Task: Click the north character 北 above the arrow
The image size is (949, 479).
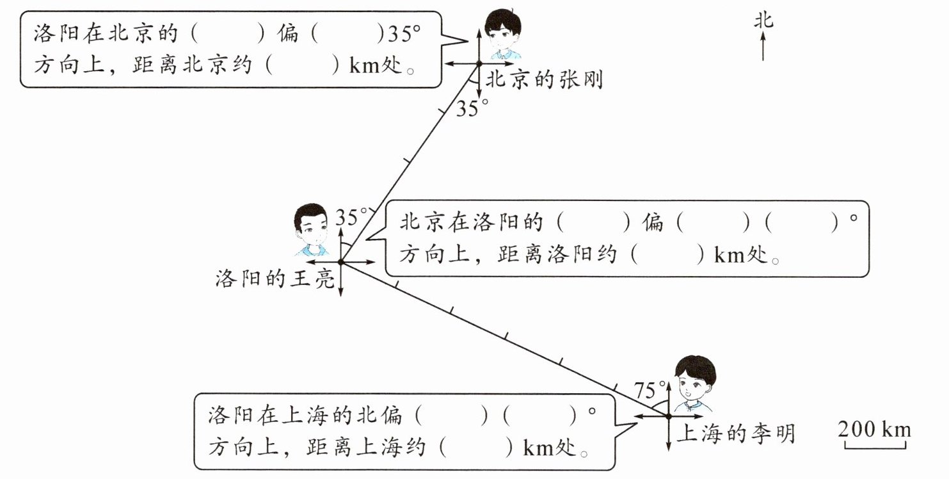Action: [x=763, y=21]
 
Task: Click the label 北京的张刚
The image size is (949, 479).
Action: [x=544, y=80]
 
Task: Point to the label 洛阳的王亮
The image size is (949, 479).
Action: [x=275, y=279]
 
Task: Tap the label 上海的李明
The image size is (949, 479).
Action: [x=735, y=434]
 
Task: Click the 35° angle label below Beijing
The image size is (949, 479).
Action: [x=472, y=109]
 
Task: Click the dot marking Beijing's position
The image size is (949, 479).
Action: [x=478, y=63]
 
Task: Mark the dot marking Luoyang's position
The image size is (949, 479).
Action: [x=340, y=262]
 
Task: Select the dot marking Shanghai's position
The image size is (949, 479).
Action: [x=668, y=416]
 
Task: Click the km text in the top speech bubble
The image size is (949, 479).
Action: [x=364, y=67]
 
